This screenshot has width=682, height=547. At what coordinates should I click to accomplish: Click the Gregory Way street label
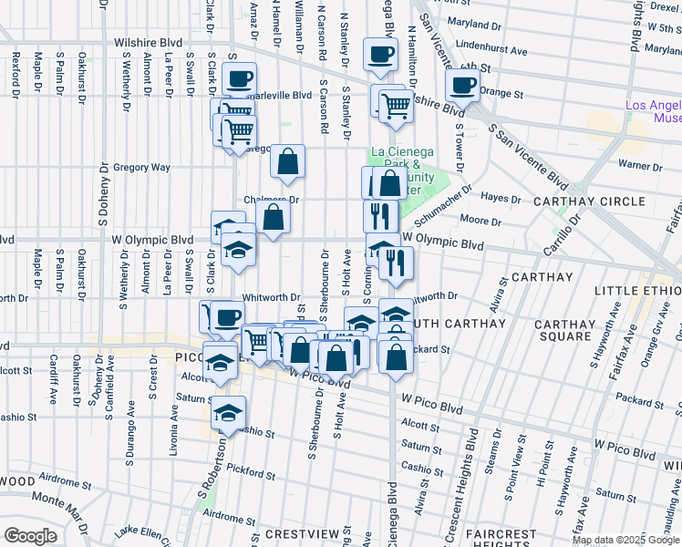tap(141, 168)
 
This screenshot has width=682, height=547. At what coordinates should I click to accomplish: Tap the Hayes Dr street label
tap(500, 198)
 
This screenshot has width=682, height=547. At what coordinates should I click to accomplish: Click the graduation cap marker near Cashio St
tap(229, 412)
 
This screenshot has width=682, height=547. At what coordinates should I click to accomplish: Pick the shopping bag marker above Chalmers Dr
tap(288, 161)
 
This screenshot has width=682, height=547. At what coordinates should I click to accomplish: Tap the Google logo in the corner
tap(29, 537)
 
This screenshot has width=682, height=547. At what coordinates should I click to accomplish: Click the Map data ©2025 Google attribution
tap(625, 540)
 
